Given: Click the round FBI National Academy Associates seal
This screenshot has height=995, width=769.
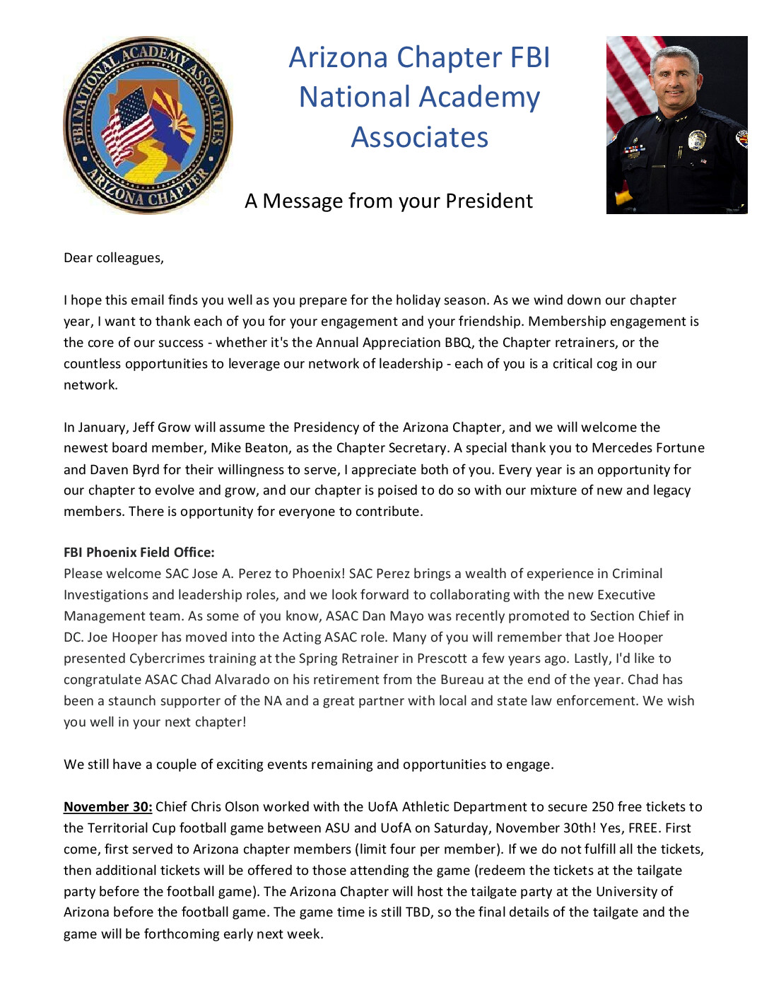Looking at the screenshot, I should [148, 125].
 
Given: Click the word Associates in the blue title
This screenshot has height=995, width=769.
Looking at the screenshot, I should [420, 137].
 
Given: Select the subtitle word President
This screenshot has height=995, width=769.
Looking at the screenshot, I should [489, 201].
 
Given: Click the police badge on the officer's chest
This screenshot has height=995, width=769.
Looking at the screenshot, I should [696, 140].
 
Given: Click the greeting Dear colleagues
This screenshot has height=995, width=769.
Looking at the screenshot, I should [113, 258].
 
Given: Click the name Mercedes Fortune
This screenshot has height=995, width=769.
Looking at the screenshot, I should [648, 448].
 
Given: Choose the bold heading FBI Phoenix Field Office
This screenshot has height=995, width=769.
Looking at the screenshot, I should [139, 553].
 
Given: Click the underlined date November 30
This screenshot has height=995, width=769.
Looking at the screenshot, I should [107, 807].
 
